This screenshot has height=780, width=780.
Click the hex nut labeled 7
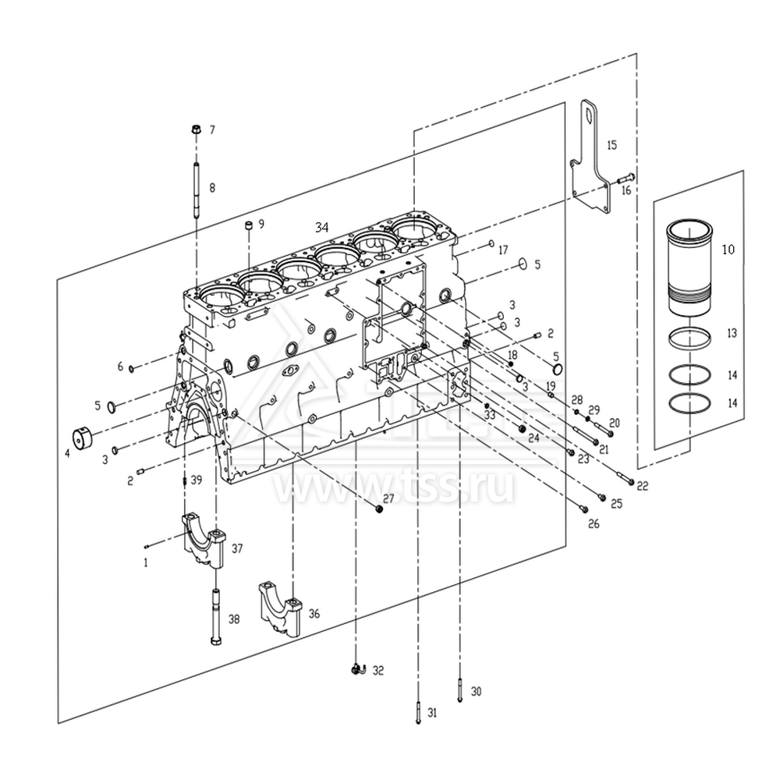(196, 130)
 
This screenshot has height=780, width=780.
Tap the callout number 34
(321, 227)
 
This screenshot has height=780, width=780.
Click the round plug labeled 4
(83, 439)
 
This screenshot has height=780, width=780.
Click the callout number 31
(432, 712)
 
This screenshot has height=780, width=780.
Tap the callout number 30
(477, 691)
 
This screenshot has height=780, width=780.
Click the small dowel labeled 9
(248, 226)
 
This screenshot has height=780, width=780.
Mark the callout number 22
(642, 486)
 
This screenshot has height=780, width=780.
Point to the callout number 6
(120, 366)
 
